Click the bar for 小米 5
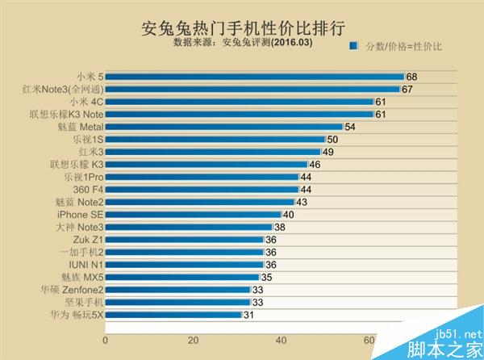point(254,77)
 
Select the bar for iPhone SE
point(193,215)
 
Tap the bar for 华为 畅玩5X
point(173,315)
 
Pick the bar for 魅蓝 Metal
point(224,127)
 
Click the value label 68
point(411,77)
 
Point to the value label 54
point(350,127)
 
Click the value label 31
point(248,315)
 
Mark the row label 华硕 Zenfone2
point(72,290)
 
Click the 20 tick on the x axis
point(194,341)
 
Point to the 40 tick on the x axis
point(282,341)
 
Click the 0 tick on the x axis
point(106,341)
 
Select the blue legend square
point(353,46)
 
